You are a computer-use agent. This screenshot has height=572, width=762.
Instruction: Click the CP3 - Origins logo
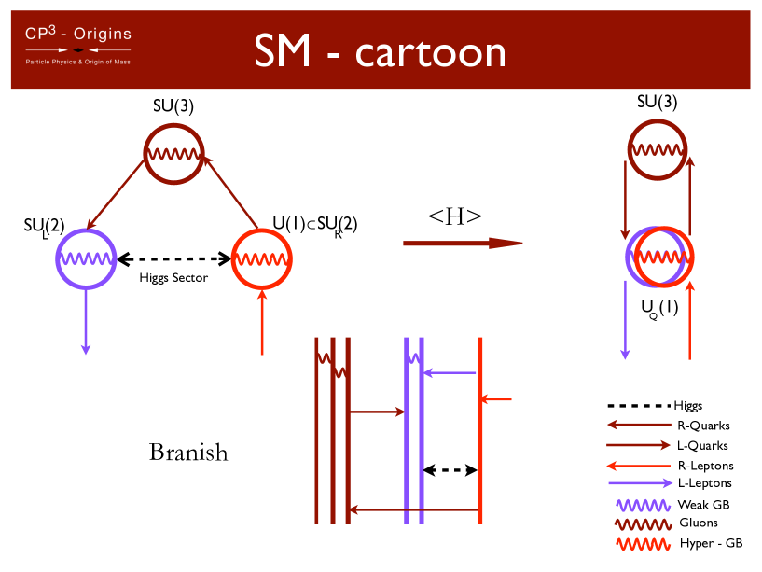pyautogui.click(x=77, y=47)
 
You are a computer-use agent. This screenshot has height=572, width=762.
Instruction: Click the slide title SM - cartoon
pyautogui.click(x=381, y=52)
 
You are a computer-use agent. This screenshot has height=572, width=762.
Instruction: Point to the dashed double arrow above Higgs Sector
pyautogui.click(x=174, y=258)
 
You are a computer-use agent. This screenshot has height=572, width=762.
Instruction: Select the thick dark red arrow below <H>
pyautogui.click(x=462, y=244)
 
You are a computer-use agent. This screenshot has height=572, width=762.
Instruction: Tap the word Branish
pyautogui.click(x=188, y=453)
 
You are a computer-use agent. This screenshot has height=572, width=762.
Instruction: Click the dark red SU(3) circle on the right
pyautogui.click(x=657, y=148)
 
